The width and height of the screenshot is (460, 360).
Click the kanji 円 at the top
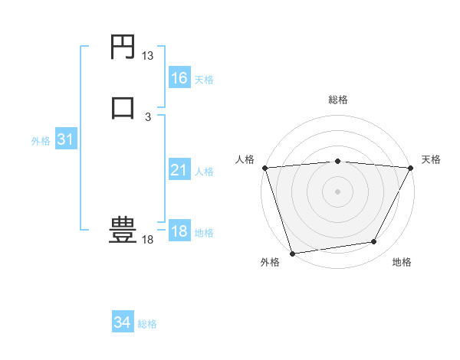click(123, 47)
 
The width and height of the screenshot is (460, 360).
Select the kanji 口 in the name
click(123, 106)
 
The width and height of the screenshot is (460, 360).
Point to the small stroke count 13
click(148, 56)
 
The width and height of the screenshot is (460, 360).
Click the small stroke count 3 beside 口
click(148, 116)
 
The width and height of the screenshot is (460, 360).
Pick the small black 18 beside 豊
click(148, 240)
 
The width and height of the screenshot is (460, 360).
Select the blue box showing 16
click(179, 77)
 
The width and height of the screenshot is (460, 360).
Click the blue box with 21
click(179, 169)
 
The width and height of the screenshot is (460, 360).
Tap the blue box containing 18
click(179, 231)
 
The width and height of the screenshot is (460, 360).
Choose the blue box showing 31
click(65, 139)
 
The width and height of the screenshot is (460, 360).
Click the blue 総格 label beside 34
click(147, 324)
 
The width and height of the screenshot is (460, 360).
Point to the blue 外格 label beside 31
click(41, 141)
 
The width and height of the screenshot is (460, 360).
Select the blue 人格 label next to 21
click(205, 172)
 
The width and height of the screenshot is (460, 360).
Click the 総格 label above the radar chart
click(337, 100)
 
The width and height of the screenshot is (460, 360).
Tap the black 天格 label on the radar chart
click(431, 159)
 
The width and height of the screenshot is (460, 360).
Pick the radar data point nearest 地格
click(374, 242)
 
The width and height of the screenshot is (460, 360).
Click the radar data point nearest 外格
click(292, 253)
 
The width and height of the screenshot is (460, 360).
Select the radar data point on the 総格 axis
click(337, 161)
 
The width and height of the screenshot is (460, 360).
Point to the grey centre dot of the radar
click(337, 191)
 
